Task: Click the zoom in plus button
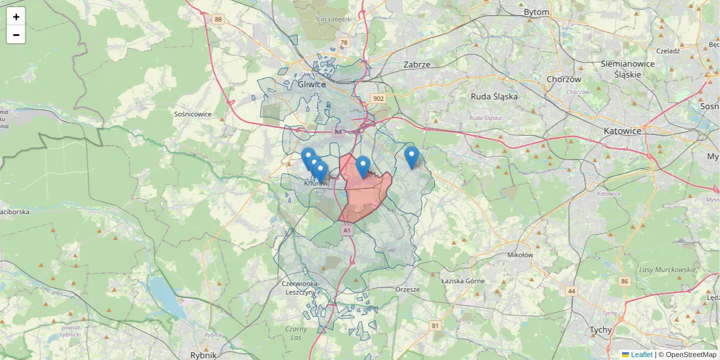click(16, 17)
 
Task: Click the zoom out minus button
click(16, 35)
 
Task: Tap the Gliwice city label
click(311, 85)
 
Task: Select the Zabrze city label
click(418, 64)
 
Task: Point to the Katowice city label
click(623, 130)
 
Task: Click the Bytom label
click(536, 12)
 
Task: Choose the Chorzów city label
click(564, 79)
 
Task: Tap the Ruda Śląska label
click(494, 96)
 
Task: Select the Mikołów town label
click(520, 254)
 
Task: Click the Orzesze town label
click(408, 289)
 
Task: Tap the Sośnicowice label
click(193, 113)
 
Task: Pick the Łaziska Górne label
click(463, 280)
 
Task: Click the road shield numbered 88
click(218, 20)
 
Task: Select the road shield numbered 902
click(378, 98)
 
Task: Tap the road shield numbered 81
click(435, 326)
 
